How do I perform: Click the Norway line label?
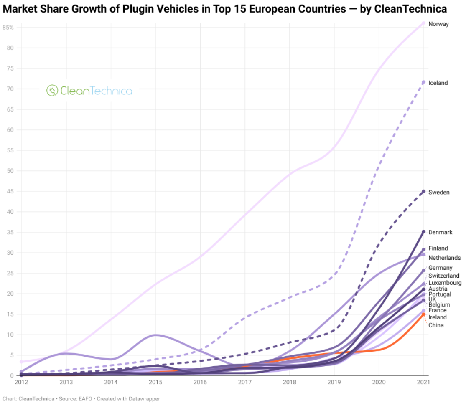[x=438, y=24]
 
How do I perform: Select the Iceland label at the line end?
[x=438, y=83]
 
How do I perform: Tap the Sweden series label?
[x=439, y=192]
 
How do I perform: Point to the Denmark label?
[x=441, y=232]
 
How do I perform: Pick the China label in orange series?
[x=436, y=325]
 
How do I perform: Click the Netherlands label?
[x=444, y=258]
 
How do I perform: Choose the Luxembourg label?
[x=445, y=283]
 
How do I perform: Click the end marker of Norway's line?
[x=423, y=23]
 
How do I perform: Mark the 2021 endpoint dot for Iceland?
[x=423, y=82]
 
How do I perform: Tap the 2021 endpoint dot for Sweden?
[x=423, y=192]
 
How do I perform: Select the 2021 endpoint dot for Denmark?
[x=423, y=231]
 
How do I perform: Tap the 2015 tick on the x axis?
[x=155, y=382]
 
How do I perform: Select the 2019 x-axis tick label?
[x=334, y=382]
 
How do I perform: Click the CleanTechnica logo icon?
[x=52, y=90]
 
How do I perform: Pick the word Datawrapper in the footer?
[x=146, y=399]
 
